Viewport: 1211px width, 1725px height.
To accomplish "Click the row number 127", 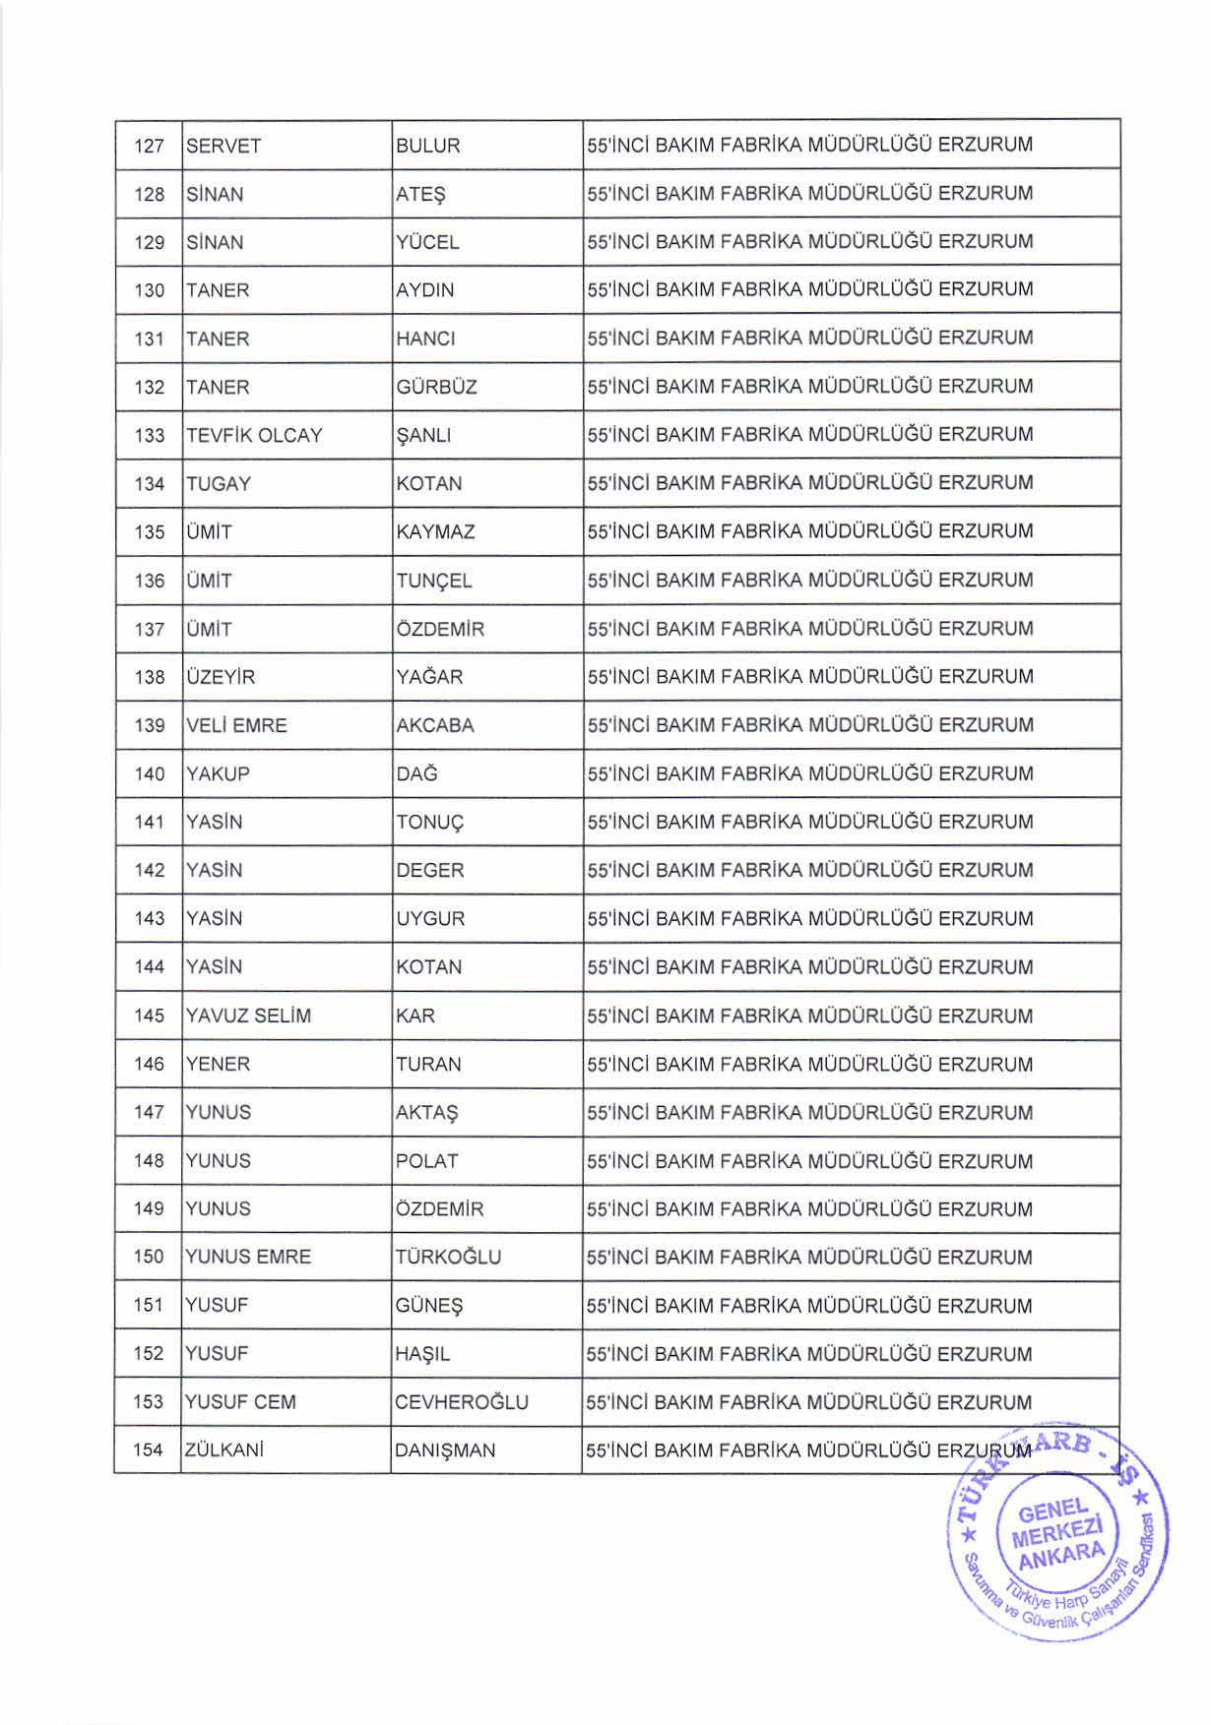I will point(149,147).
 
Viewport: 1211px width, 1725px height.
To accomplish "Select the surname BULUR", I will point(427,147).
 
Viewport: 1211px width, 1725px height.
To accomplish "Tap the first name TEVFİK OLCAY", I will point(254,436).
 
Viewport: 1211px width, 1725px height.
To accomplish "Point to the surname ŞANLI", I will point(422,436).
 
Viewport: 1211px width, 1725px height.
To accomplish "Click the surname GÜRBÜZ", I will point(436,388).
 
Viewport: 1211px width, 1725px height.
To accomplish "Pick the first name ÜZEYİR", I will point(221,677).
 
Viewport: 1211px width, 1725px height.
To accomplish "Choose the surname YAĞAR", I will point(428,677).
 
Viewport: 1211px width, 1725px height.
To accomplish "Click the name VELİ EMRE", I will point(236,726).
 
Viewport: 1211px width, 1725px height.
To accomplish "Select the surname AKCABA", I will point(434,726).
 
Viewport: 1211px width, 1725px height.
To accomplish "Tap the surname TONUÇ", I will point(428,823).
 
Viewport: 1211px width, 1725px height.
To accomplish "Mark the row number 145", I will point(149,1016).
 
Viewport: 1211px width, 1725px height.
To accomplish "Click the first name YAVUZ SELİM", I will point(248,1016).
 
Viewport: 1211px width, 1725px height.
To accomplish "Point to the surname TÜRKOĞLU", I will point(448,1258).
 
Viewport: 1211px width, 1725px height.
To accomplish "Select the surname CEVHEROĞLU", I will point(461,1402).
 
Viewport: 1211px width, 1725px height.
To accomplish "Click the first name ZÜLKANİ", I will point(223,1450).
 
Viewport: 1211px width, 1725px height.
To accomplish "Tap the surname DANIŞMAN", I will point(444,1450).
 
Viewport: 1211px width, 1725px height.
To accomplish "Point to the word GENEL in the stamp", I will point(1053,1512).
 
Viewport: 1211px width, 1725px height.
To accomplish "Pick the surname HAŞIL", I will point(422,1354).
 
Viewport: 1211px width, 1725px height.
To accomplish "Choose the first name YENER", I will point(218,1065).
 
